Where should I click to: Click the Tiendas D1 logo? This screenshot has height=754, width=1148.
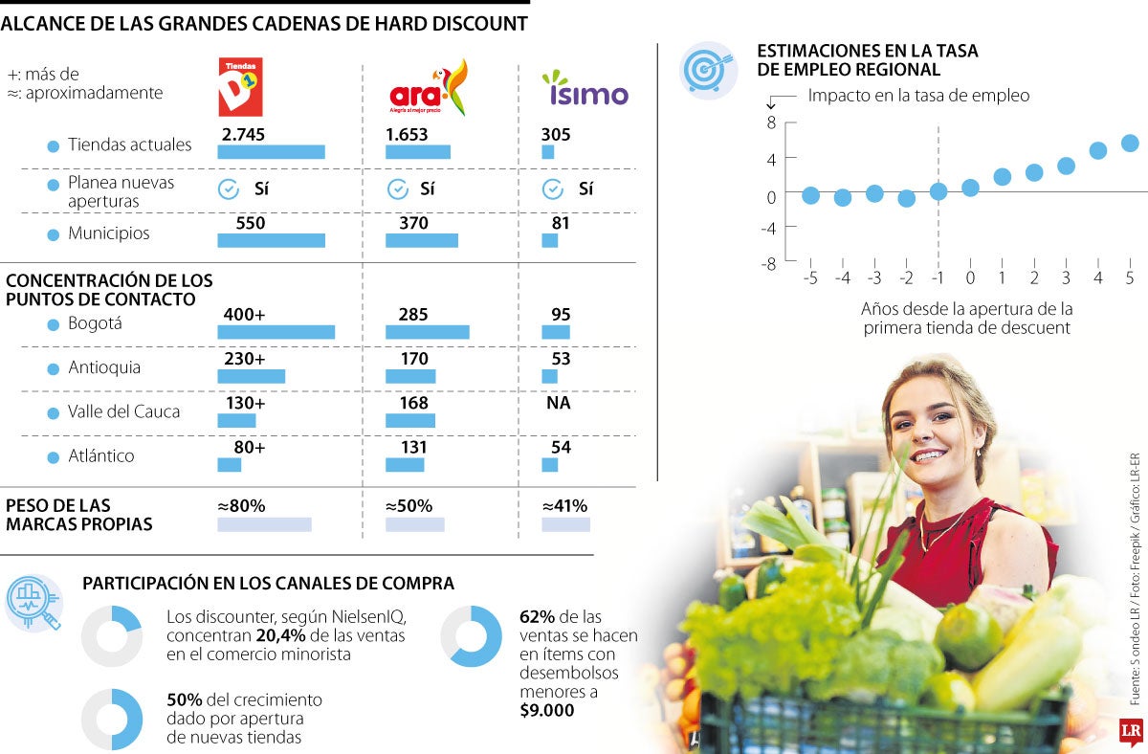tap(240, 87)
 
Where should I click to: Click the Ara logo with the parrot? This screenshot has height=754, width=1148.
tap(429, 88)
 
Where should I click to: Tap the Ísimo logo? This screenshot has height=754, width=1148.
tap(585, 88)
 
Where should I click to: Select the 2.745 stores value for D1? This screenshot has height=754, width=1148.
tap(243, 135)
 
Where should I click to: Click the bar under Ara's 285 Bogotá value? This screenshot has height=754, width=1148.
tap(427, 332)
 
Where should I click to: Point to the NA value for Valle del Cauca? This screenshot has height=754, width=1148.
tap(559, 403)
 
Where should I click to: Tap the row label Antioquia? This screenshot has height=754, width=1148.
tap(103, 367)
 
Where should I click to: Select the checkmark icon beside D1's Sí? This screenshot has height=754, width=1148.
tap(229, 188)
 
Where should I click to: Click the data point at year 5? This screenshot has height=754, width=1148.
tap(1130, 143)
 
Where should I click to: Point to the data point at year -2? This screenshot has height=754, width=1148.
tap(906, 198)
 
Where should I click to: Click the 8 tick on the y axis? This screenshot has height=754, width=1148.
tap(771, 122)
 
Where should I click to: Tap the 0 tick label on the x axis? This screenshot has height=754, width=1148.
tap(970, 277)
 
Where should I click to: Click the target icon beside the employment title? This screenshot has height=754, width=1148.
tap(708, 70)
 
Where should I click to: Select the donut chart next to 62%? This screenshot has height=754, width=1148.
tap(471, 636)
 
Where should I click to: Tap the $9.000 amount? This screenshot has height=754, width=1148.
tap(547, 710)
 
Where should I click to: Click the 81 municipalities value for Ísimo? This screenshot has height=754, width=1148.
tap(561, 223)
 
